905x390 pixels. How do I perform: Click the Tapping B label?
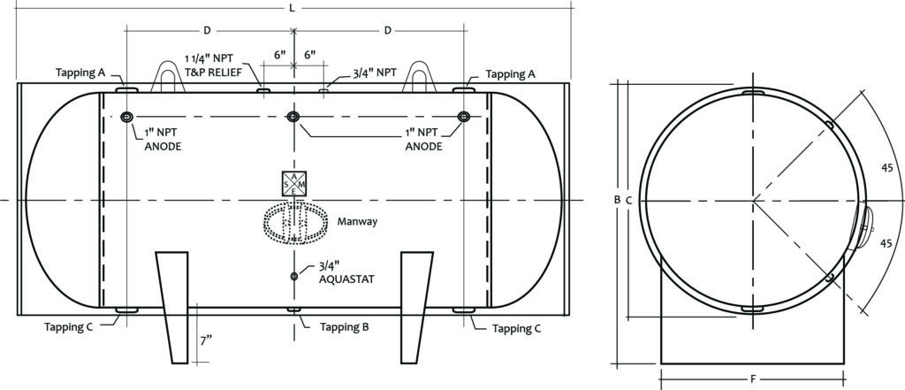[x=339, y=326]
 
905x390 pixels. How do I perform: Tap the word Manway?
[x=356, y=221]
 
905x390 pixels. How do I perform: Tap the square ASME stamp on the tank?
[x=293, y=183]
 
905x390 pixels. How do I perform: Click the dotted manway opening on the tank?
[x=293, y=224]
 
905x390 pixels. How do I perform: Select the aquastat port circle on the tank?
[x=293, y=277]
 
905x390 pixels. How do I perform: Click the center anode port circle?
[x=293, y=118]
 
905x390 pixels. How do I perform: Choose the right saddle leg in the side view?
[x=416, y=306]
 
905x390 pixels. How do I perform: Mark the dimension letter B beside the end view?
[x=617, y=200]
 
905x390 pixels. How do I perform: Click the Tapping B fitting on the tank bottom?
[x=293, y=310]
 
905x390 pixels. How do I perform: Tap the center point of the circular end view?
[x=753, y=201]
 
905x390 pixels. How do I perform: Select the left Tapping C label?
[x=70, y=326]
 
